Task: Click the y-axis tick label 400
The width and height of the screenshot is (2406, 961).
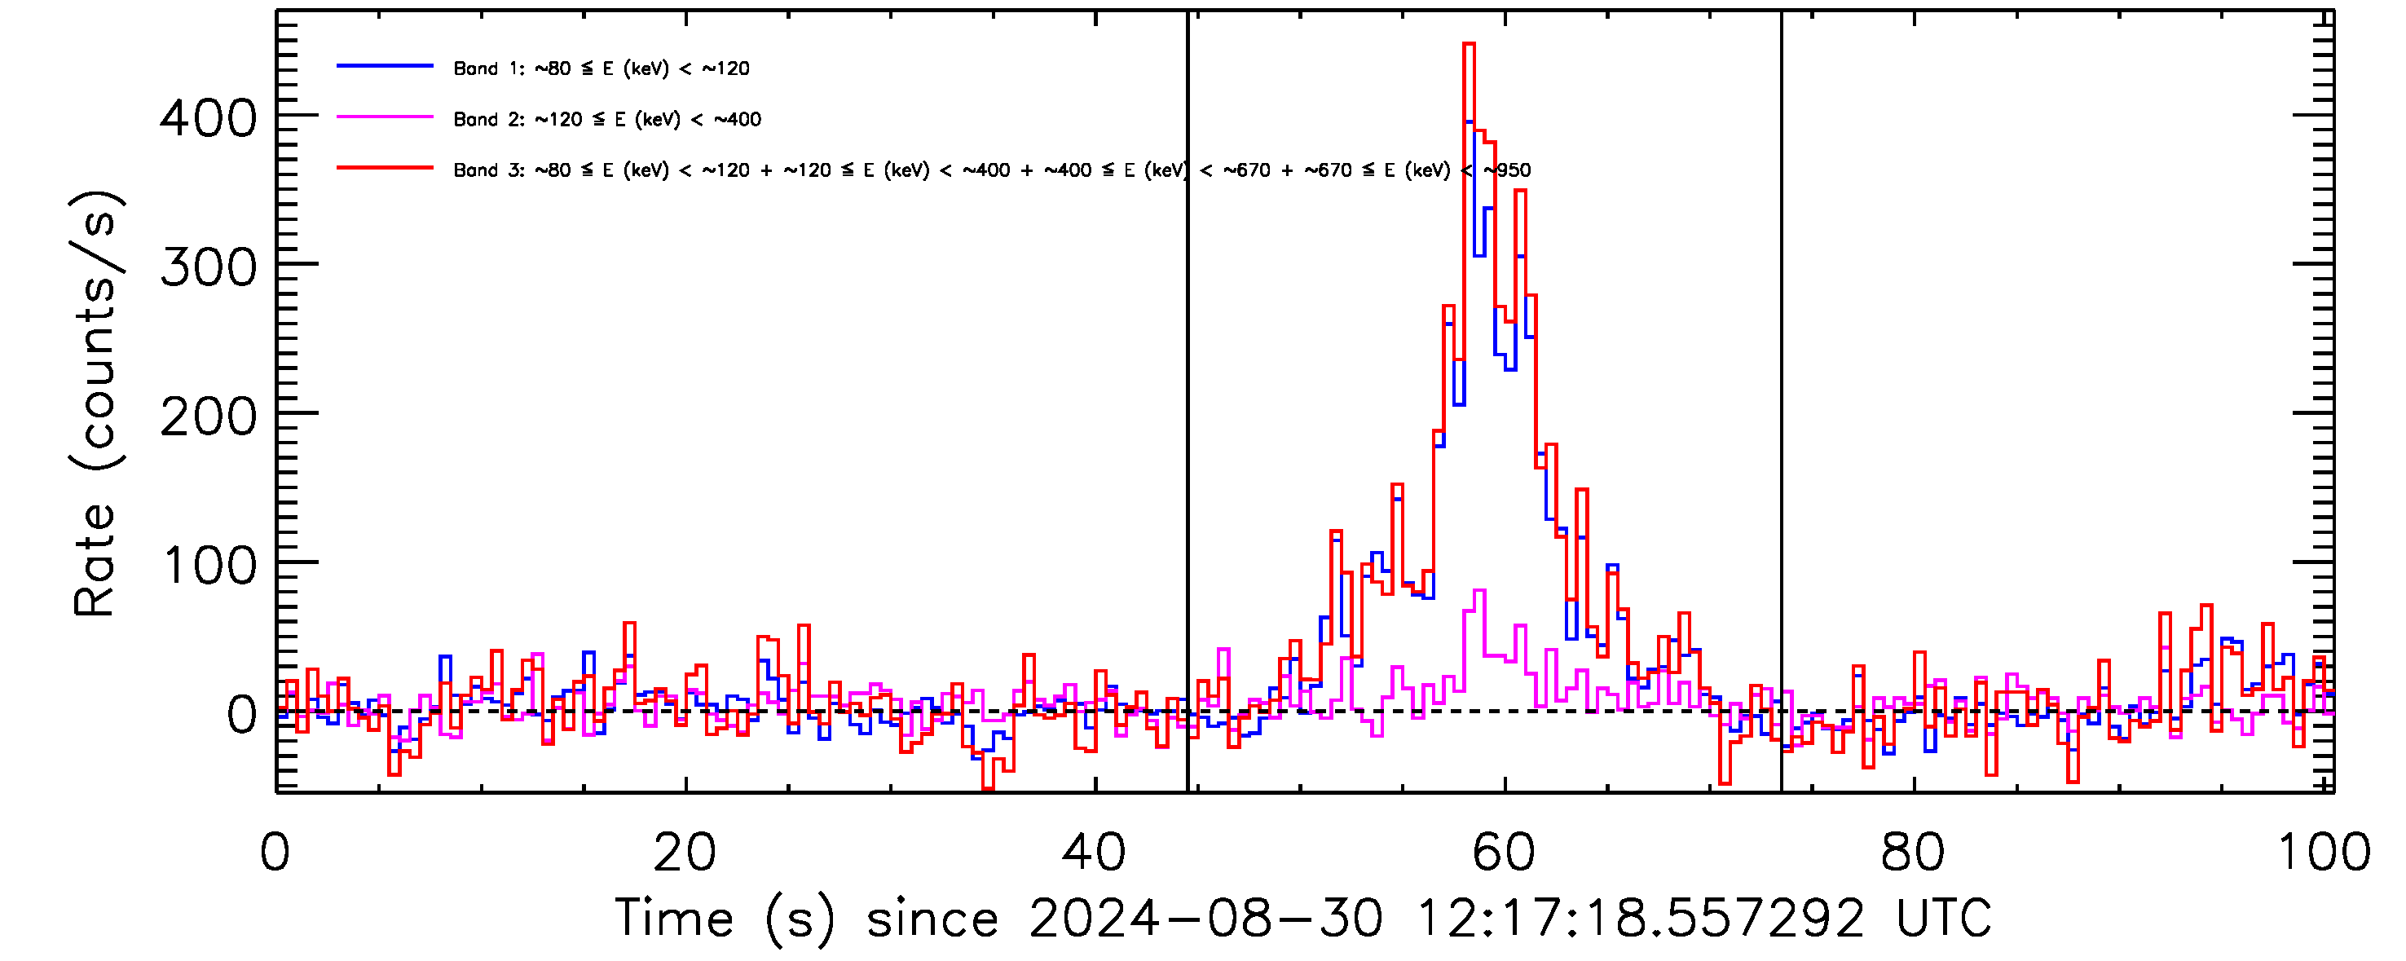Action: tap(207, 120)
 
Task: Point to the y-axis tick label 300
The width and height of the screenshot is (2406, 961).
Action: tap(207, 269)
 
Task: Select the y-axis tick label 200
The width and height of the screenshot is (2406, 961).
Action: tap(207, 417)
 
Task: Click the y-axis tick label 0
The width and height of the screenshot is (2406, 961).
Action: tap(242, 716)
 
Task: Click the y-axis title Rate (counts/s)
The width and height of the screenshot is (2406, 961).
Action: tap(95, 403)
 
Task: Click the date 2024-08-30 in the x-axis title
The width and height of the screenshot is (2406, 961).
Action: tap(1205, 919)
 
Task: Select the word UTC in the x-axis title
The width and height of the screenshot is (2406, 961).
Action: tap(1943, 919)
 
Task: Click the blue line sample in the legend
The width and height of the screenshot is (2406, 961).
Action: tap(385, 66)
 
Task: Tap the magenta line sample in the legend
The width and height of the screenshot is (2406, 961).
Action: tap(385, 117)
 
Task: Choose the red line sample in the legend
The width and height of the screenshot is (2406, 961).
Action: tap(385, 168)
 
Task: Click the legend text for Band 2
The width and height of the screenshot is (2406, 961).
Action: tap(607, 120)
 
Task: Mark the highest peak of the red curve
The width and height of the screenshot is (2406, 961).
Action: tap(1468, 44)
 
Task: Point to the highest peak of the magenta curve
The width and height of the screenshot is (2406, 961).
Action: tap(1478, 591)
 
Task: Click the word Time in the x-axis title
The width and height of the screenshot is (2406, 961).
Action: tap(673, 919)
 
